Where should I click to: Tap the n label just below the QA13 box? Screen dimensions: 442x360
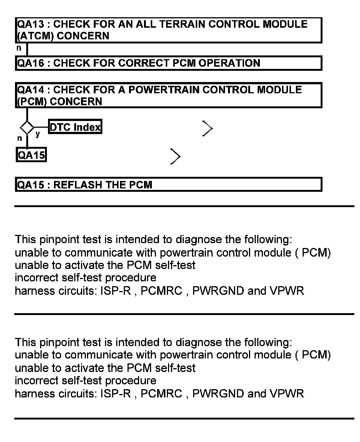pyautogui.click(x=19, y=48)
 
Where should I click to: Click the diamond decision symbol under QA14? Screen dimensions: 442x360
pyautogui.click(x=27, y=127)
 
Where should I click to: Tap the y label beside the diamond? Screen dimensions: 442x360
pyautogui.click(x=38, y=134)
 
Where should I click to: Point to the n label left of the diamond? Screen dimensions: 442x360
pyautogui.click(x=19, y=138)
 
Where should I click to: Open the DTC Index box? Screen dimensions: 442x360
pyautogui.click(x=75, y=127)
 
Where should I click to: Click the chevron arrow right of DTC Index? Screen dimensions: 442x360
pyautogui.click(x=207, y=128)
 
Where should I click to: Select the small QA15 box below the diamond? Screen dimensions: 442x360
pyautogui.click(x=31, y=155)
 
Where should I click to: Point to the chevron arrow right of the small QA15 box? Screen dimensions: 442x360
pyautogui.click(x=175, y=156)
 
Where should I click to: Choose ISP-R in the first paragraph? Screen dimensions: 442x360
pyautogui.click(x=115, y=291)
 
